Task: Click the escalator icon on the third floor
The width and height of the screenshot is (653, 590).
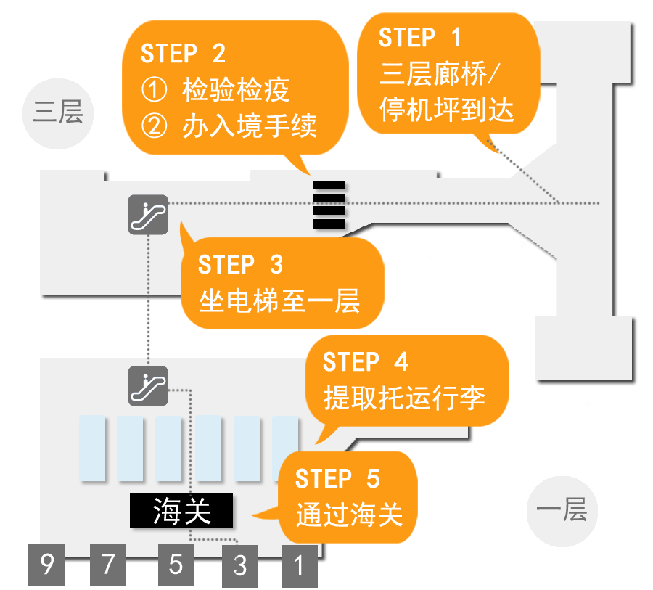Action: click(x=148, y=214)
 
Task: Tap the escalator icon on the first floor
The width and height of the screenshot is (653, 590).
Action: click(x=148, y=385)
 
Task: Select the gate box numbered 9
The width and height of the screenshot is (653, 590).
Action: click(x=46, y=564)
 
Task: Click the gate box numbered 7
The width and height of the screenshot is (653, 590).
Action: click(x=108, y=564)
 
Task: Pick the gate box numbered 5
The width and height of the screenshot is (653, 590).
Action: click(x=176, y=564)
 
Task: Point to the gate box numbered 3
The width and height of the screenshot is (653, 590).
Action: click(x=239, y=565)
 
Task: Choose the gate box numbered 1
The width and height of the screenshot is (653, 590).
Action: click(x=299, y=564)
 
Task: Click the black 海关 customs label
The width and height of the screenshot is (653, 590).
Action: click(x=181, y=511)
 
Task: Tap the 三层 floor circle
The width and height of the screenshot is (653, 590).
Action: click(x=58, y=113)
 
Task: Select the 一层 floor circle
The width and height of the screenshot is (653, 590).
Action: click(x=562, y=510)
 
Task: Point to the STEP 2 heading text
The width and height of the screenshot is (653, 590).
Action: click(x=183, y=54)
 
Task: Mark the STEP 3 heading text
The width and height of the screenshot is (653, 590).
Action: click(x=240, y=265)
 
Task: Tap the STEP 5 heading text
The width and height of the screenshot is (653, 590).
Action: click(x=337, y=480)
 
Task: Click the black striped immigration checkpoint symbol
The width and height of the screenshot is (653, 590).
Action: click(x=329, y=205)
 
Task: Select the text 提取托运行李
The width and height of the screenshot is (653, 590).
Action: click(x=404, y=397)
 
